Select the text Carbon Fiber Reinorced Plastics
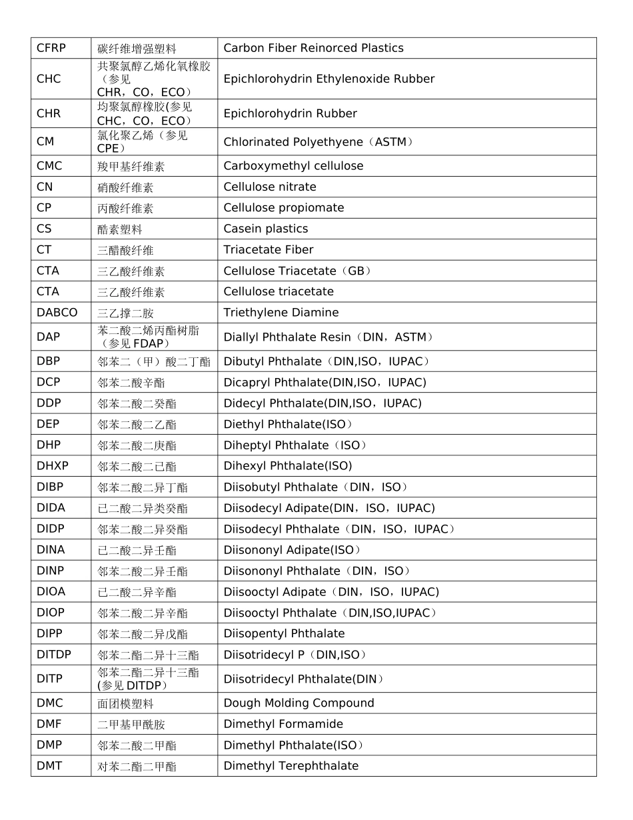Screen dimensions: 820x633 tap(313, 48)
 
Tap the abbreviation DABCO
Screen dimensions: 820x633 tap(57, 313)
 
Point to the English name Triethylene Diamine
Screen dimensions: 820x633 tap(281, 313)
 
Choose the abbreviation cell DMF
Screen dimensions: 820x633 tap(50, 724)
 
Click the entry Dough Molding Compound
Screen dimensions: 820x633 tap(299, 703)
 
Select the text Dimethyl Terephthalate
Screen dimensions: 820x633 tap(291, 766)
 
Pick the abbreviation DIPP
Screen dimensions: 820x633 tap(50, 633)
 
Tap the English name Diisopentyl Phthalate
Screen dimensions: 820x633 tap(284, 633)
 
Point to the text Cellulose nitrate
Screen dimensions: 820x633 tap(270, 187)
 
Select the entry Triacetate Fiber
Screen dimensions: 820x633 tap(269, 250)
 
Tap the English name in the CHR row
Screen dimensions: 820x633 tap(290, 113)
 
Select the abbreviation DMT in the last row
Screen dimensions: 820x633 tap(49, 766)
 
